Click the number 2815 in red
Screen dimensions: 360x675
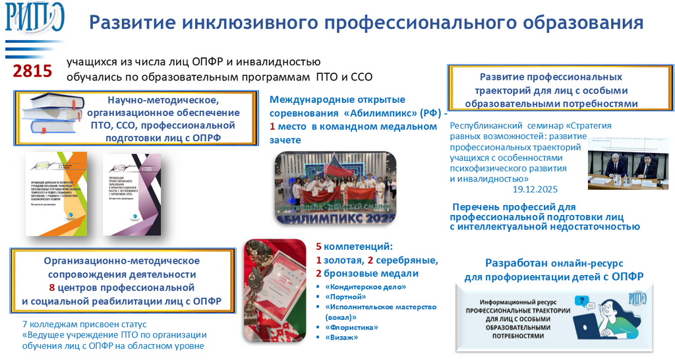tap(33, 71)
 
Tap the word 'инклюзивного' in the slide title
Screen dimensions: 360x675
tap(243, 24)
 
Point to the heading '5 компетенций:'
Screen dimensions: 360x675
tap(354, 247)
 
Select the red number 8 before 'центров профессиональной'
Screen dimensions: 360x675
tap(52, 287)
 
